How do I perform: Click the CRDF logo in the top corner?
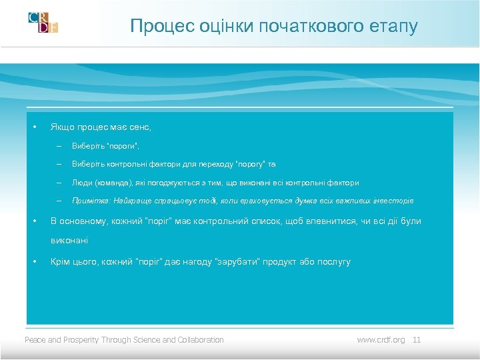[x=43, y=22]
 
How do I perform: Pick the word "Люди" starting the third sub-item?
[x=81, y=183]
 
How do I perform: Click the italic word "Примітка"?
[x=91, y=201]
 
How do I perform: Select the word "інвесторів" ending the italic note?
[x=393, y=201]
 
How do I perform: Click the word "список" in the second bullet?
[x=249, y=221]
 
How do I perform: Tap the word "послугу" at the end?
[x=329, y=261]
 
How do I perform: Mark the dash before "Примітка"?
[x=59, y=201]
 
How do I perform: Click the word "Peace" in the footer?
[x=35, y=340]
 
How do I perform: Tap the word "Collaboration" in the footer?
[x=201, y=340]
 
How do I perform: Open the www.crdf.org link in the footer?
[x=381, y=340]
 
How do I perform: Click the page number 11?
[x=417, y=340]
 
